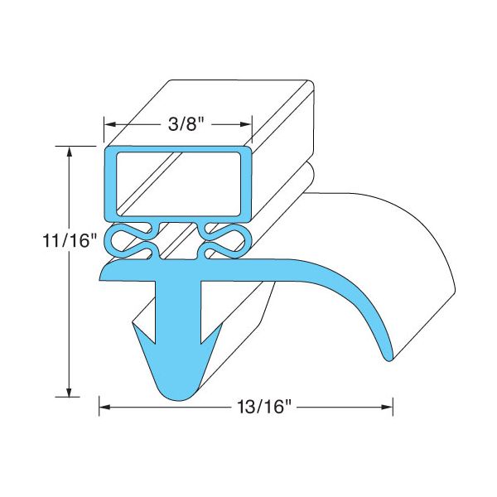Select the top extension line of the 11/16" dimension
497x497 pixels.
coord(79,146)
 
